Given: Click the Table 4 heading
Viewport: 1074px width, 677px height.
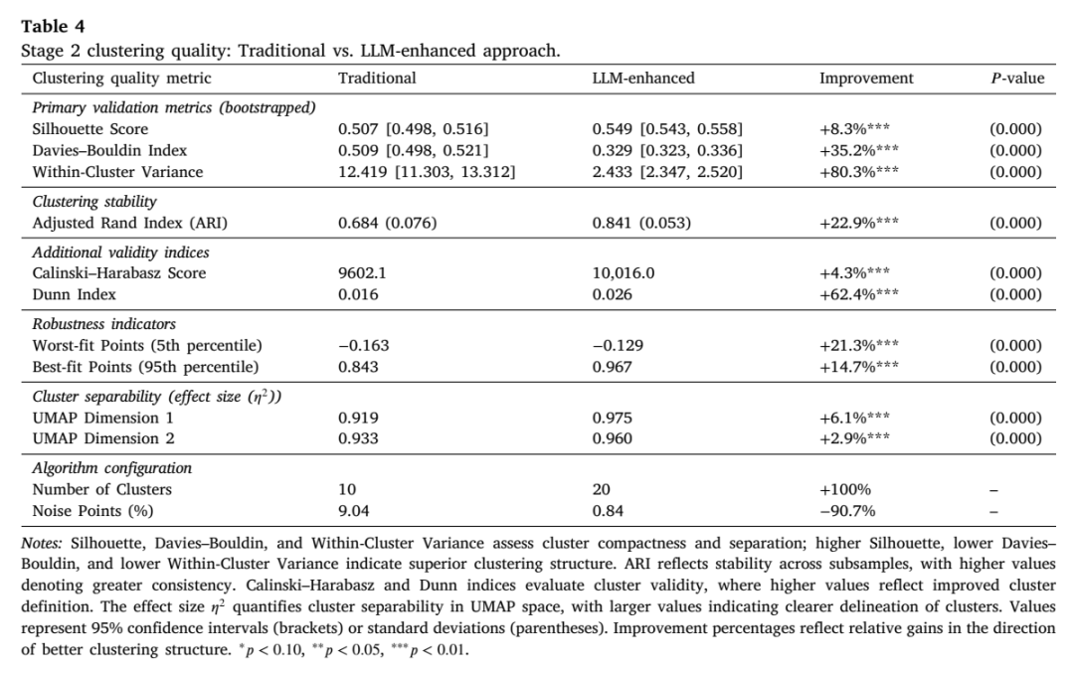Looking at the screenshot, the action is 53,27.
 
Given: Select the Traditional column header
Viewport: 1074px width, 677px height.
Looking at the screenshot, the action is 377,78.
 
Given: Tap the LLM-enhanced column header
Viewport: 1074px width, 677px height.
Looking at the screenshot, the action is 643,78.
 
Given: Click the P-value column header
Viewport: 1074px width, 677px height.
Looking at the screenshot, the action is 1017,78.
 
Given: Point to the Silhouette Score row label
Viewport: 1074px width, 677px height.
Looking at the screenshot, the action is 89,129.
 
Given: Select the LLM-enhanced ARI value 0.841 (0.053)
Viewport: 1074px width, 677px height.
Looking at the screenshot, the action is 641,223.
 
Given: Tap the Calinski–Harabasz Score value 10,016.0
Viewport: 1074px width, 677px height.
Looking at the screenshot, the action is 624,273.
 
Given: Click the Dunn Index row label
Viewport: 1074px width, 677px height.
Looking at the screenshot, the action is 74,295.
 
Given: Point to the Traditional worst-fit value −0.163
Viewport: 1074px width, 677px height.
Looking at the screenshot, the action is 364,346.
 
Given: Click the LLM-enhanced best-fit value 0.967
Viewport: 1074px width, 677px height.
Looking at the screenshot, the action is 613,367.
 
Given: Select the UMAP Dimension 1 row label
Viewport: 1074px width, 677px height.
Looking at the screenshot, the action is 102,419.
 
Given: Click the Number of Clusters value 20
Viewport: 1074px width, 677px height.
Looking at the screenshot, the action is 602,490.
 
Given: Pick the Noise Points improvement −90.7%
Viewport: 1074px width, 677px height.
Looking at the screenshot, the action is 847,511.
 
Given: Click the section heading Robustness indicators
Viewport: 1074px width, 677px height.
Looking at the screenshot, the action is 104,324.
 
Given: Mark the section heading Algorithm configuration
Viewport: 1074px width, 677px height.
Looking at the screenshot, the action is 112,469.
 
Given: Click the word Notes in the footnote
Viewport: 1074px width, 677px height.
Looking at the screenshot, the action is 42,544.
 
